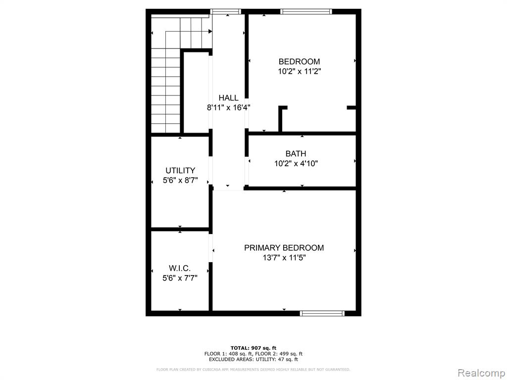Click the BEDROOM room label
click(299, 61)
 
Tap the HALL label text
click(228, 97)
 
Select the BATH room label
click(296, 153)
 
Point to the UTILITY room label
click(180, 170)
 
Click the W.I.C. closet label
click(180, 268)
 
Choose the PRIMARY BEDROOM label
click(284, 247)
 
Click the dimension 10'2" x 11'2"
click(300, 71)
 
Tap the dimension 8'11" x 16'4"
click(229, 107)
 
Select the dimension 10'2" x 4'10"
click(296, 163)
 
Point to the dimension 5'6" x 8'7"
click(180, 180)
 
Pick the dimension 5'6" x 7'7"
click(180, 278)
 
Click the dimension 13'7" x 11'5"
click(284, 257)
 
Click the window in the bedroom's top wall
click(306, 12)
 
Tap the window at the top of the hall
click(226, 12)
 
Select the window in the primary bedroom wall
click(322, 313)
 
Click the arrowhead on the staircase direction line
click(210, 31)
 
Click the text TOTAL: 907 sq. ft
click(253, 348)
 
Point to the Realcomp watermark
click(481, 373)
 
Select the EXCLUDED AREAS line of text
click(253, 359)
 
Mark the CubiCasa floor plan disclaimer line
click(253, 369)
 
